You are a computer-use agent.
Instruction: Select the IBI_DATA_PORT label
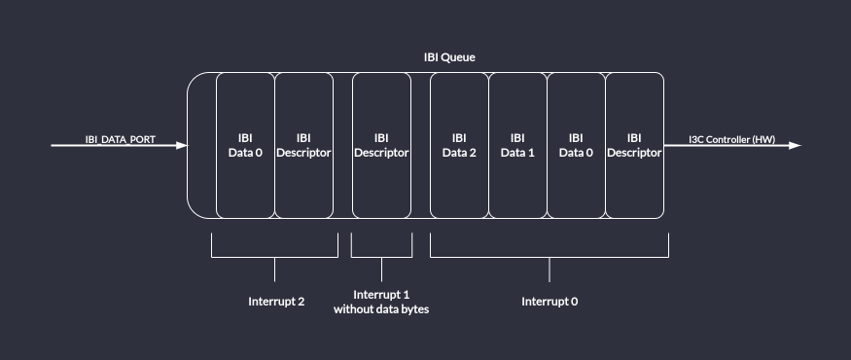coord(120,140)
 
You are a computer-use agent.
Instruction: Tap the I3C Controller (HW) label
coord(732,140)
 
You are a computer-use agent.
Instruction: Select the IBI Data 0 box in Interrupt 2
coord(245,145)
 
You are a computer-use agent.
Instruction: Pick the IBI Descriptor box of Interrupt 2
coord(303,145)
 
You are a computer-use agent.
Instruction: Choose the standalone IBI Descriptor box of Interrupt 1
coord(381,145)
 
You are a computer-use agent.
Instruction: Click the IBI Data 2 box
coord(459,145)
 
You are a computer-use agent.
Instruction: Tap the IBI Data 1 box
coord(517,145)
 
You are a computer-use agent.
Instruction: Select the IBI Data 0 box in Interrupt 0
coord(576,145)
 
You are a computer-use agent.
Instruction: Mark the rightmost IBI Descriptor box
coord(634,145)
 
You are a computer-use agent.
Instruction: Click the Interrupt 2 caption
coord(276,302)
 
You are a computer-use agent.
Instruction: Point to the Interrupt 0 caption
coord(550,302)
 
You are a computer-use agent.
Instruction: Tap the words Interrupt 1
coord(381,295)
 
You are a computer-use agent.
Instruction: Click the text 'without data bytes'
coord(381,309)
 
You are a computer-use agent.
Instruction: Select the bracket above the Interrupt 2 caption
coord(274,257)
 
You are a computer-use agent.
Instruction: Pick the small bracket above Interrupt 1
coord(381,257)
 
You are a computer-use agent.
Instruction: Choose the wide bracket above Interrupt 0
coord(550,257)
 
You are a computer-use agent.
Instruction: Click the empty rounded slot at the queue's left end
coord(201,145)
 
